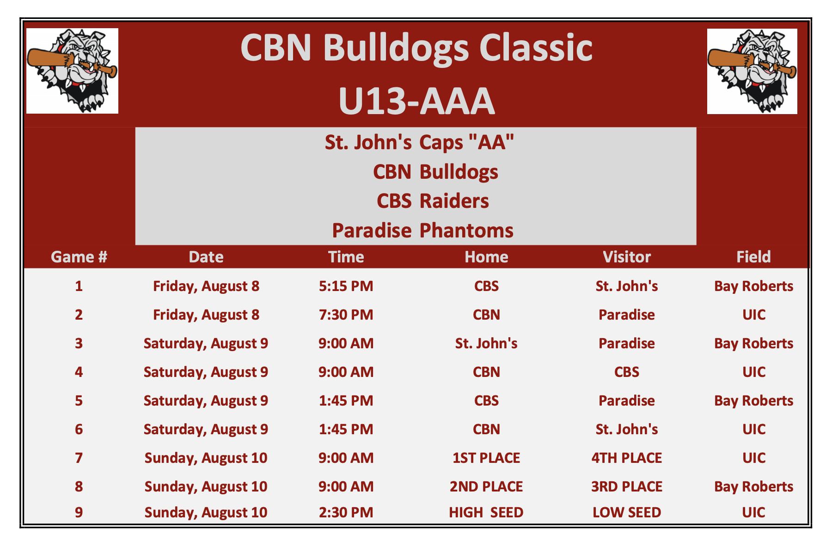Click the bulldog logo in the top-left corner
[72, 71]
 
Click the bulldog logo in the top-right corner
[752, 71]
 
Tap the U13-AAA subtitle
[416, 101]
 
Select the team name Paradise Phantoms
[422, 231]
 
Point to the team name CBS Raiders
[433, 201]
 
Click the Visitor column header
[626, 257]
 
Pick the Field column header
[753, 257]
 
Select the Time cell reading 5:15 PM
[346, 286]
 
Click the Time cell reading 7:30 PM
[346, 315]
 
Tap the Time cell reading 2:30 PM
[346, 512]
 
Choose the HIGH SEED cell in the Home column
[486, 512]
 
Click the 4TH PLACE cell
[626, 458]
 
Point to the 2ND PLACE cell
[486, 486]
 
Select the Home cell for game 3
[486, 343]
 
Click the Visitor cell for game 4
[626, 372]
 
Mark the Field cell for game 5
[753, 400]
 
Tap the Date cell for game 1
[206, 286]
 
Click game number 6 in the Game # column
[79, 429]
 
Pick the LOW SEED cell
[626, 512]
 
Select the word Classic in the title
[536, 48]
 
